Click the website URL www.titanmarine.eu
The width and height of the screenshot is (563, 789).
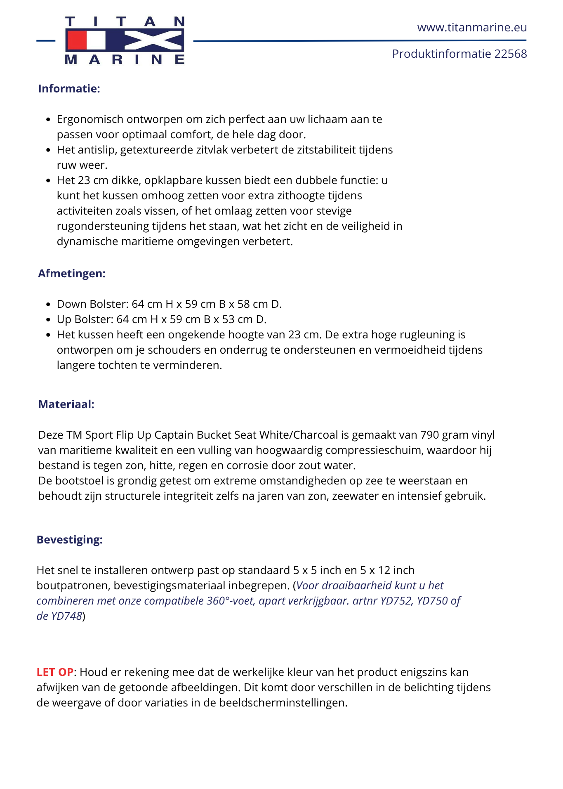click(472, 28)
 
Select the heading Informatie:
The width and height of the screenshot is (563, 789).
click(69, 89)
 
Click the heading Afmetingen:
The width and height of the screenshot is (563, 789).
click(72, 274)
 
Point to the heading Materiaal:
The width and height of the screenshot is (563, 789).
click(66, 404)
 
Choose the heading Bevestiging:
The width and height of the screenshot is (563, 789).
click(69, 540)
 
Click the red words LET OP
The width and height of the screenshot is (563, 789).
click(55, 672)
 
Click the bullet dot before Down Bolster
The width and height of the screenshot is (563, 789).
click(48, 305)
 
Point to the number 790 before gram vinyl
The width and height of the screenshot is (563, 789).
click(430, 435)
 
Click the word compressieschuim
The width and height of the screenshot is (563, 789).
click(374, 451)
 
